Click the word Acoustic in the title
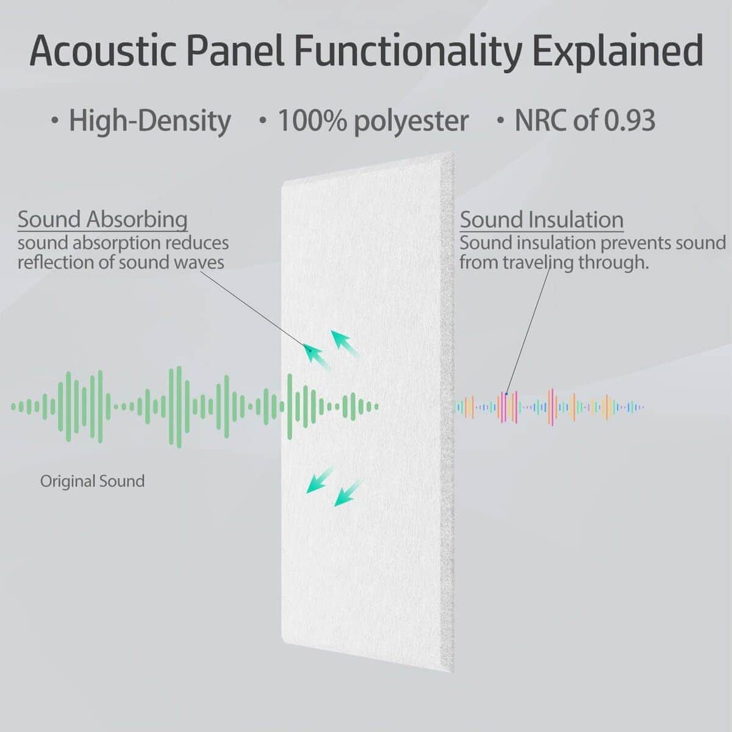pyautogui.click(x=102, y=51)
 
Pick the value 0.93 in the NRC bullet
pyautogui.click(x=630, y=120)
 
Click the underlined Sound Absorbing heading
pyautogui.click(x=102, y=220)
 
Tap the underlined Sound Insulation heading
pyautogui.click(x=542, y=220)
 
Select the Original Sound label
pyautogui.click(x=92, y=481)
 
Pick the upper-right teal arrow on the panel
pyautogui.click(x=345, y=343)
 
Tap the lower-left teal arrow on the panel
pyautogui.click(x=320, y=480)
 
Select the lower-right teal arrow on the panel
pyautogui.click(x=348, y=493)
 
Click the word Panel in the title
pyautogui.click(x=235, y=51)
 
